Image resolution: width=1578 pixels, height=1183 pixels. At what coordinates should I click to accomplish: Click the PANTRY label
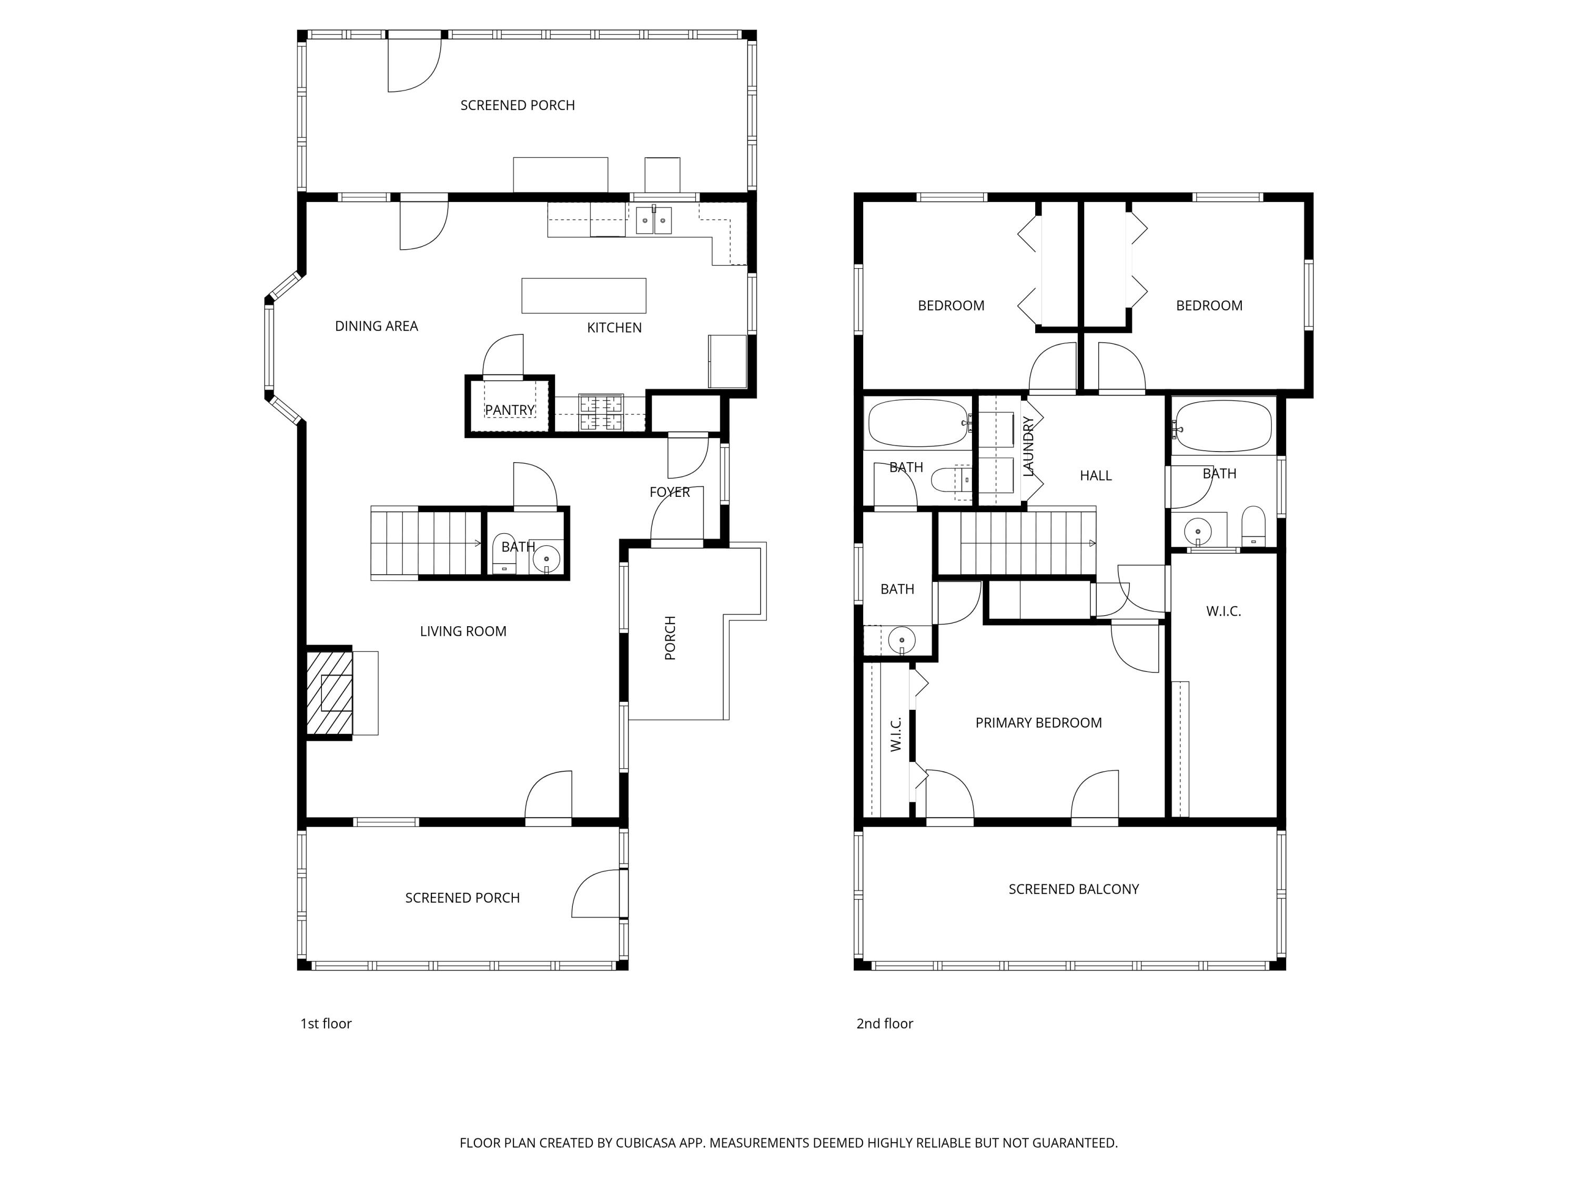[x=509, y=410]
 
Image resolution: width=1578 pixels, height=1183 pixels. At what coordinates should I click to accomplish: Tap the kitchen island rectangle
[x=583, y=295]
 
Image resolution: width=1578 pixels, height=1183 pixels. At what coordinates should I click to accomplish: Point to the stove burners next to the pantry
[x=601, y=413]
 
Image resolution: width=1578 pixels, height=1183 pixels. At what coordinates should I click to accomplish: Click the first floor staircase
[x=426, y=543]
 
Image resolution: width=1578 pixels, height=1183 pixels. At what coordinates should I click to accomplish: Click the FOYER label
[x=669, y=492]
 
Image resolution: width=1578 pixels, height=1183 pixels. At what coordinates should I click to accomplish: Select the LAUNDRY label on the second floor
[x=1028, y=447]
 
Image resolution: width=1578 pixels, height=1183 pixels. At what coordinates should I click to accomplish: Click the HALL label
[x=1095, y=476]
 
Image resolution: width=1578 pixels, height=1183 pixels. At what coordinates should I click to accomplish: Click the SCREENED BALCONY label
[x=1073, y=889]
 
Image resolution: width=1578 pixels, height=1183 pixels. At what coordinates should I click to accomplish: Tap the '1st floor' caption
[x=326, y=1024]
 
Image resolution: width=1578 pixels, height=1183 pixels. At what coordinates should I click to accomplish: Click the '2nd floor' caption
[x=885, y=1024]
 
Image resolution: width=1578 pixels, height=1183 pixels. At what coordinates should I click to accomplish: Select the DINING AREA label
[x=376, y=326]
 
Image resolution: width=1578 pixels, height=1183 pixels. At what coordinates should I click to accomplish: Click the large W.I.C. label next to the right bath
[x=1223, y=611]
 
